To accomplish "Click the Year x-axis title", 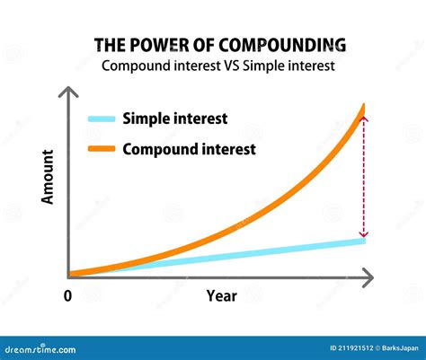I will point(221,295).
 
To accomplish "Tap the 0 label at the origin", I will point(67,294).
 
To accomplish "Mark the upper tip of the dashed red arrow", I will point(363,118).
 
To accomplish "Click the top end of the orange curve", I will point(364,106).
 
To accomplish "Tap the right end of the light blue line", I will point(363,240).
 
